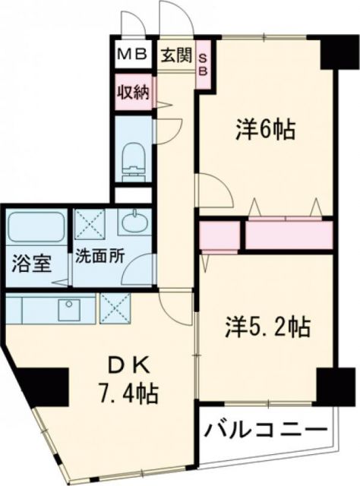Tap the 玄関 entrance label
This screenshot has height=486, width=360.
tap(176, 55)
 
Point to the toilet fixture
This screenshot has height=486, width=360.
tap(132, 156)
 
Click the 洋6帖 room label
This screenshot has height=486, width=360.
tap(264, 129)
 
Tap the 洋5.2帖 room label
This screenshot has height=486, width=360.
tap(266, 327)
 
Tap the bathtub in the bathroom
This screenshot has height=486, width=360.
tap(37, 226)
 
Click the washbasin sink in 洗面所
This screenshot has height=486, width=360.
tap(135, 225)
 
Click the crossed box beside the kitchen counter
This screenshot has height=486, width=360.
tap(115, 309)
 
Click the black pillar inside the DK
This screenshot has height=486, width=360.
tap(46, 387)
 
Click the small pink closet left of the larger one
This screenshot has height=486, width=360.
tap(220, 235)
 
